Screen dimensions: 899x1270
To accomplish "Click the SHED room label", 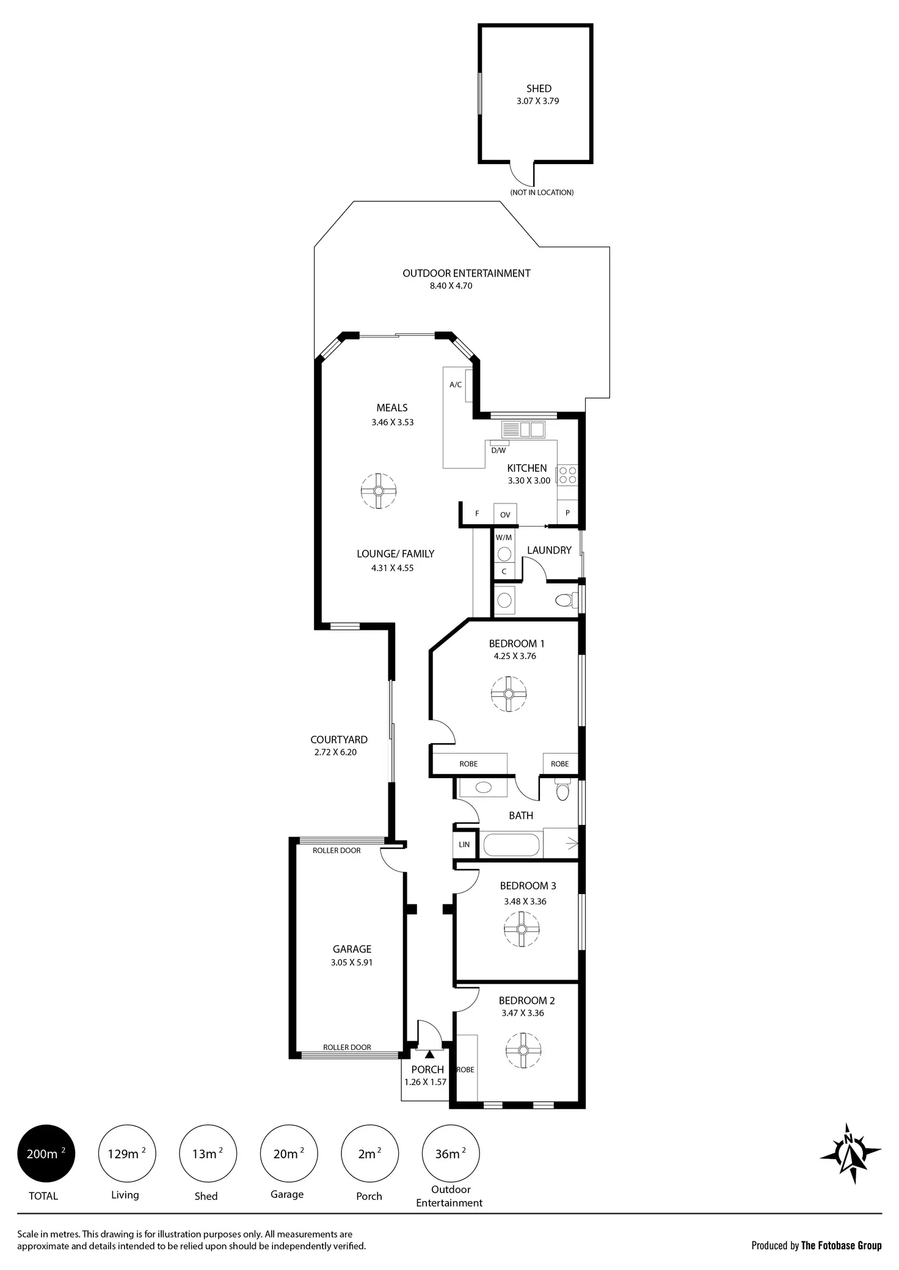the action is [539, 89].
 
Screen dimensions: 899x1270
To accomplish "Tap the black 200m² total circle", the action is [46, 1153].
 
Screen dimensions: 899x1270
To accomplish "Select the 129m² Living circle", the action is [127, 1153].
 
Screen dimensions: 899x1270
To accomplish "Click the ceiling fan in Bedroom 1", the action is [508, 694].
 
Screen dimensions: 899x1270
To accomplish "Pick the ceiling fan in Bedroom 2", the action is [523, 1050].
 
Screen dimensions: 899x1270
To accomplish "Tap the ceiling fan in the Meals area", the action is [378, 491].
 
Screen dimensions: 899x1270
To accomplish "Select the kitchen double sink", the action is [523, 430].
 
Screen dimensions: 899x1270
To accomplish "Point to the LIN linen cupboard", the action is [464, 845].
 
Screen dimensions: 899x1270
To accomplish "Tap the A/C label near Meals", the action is [456, 384].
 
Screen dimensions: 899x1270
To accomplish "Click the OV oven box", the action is [505, 514].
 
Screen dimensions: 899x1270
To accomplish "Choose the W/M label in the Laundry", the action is [504, 538].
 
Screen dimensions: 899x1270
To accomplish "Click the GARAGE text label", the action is [352, 949].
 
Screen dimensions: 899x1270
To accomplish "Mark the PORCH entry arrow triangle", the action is [429, 1054].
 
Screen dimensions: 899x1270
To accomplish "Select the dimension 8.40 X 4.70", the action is [451, 286].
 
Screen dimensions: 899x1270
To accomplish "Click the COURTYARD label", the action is [339, 740].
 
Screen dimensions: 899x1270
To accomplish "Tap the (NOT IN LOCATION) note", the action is [542, 192].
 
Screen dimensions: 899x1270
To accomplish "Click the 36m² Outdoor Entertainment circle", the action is [451, 1153].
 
